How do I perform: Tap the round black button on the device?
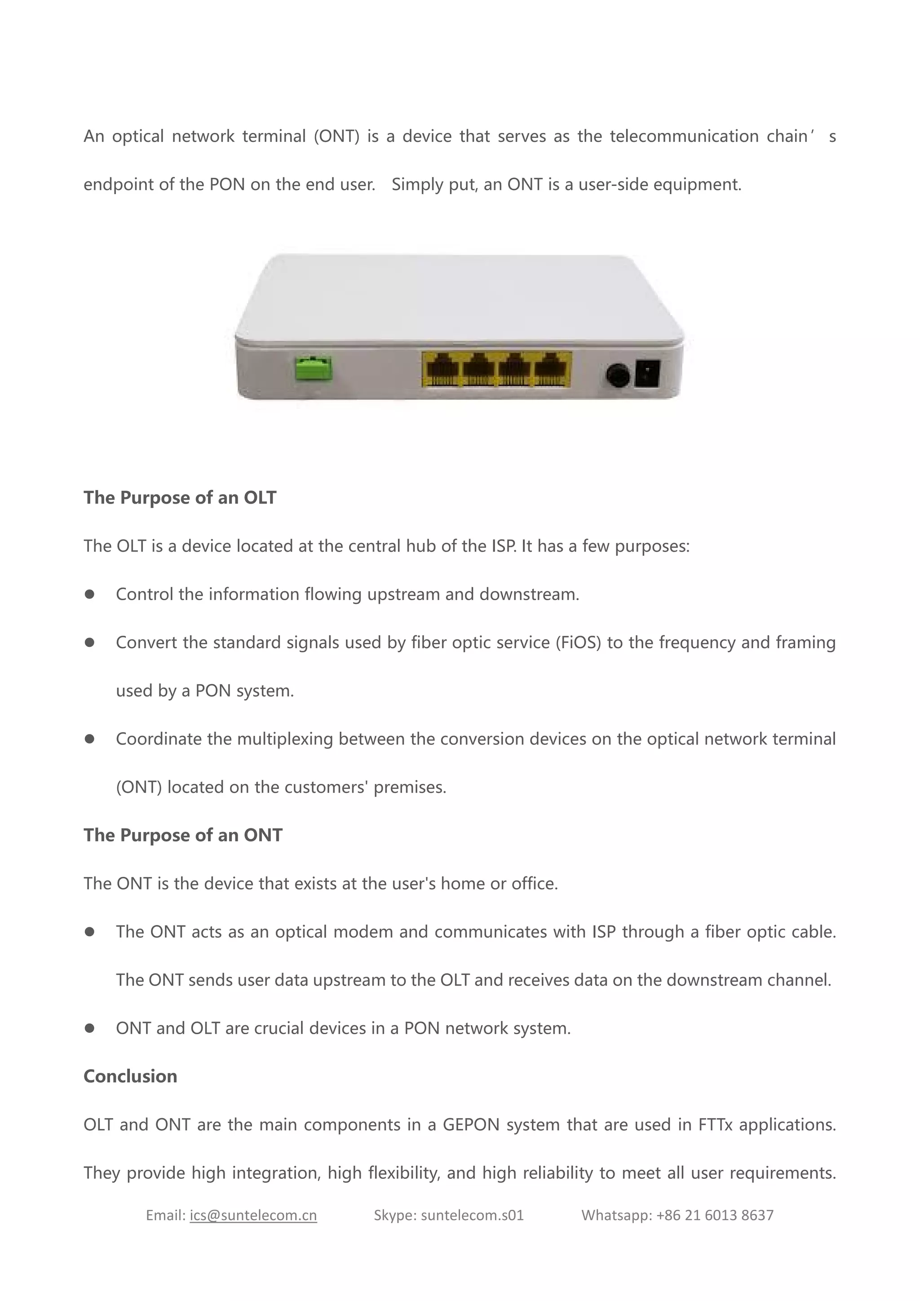[x=618, y=375]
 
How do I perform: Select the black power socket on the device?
[x=647, y=373]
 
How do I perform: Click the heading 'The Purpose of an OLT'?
[x=180, y=497]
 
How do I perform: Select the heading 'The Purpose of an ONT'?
[x=182, y=835]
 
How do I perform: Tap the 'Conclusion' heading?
[x=130, y=1076]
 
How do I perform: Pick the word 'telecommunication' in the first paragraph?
[x=684, y=137]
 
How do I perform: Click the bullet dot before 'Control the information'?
[x=89, y=594]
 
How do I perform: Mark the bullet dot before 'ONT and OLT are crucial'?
[x=89, y=1028]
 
